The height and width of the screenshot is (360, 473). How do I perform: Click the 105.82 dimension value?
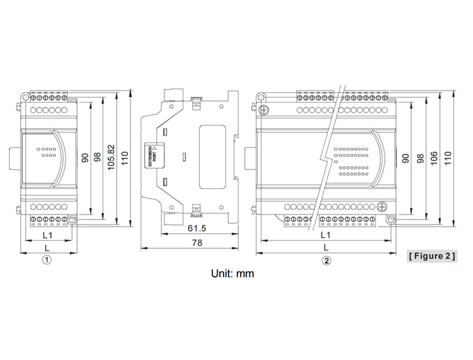point(112,157)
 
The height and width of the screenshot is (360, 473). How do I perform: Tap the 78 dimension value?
point(197,243)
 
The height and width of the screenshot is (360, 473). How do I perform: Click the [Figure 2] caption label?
point(431,255)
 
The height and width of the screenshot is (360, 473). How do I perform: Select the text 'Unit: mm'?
point(232,273)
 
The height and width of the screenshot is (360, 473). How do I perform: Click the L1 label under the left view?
point(47,235)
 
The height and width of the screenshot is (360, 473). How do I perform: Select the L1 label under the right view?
point(325,235)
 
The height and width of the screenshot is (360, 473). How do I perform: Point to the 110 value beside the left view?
point(125,158)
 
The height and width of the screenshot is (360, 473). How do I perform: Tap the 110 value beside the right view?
point(447,158)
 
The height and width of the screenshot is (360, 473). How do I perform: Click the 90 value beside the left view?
point(85,158)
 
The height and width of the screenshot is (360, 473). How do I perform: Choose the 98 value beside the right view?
point(421,158)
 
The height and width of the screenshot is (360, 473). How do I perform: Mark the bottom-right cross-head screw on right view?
point(383,206)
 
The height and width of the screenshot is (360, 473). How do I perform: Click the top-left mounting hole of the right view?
point(261,97)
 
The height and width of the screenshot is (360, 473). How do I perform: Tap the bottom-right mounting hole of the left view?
point(71,219)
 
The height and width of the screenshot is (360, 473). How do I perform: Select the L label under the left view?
point(47,247)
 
